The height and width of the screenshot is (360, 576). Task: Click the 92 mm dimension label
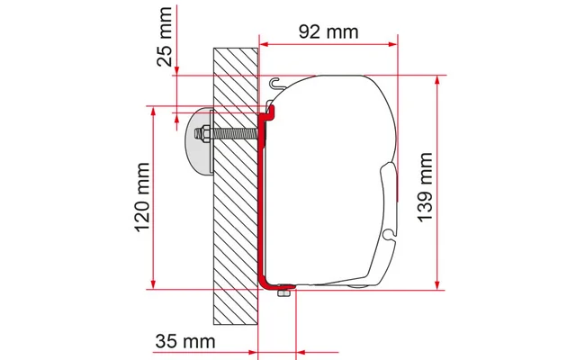point(327,31)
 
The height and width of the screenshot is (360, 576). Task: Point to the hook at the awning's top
point(274,83)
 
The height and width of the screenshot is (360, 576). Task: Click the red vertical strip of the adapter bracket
point(261,198)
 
